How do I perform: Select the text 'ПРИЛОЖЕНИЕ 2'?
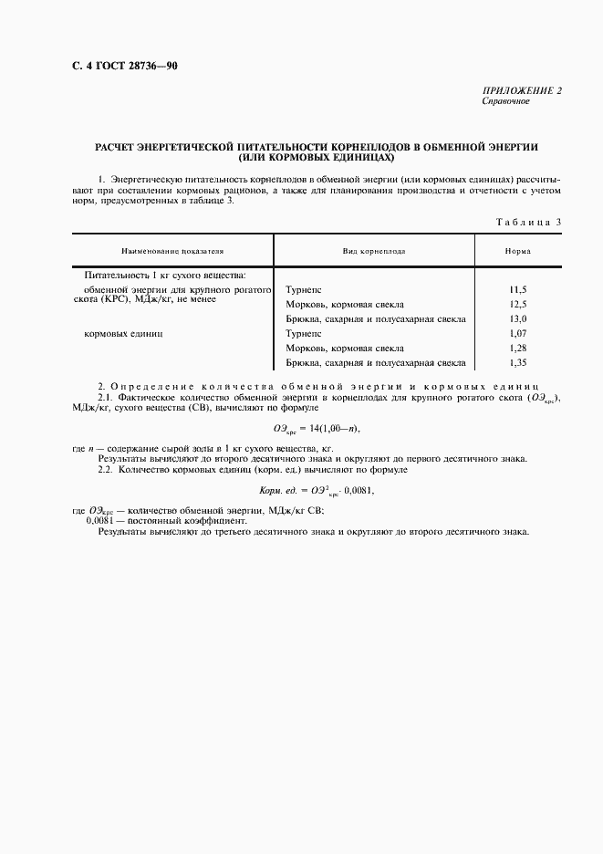coord(522,91)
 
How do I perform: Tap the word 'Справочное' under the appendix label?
coord(505,101)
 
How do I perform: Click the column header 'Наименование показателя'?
coord(172,250)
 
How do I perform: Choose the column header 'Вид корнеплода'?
coord(374,250)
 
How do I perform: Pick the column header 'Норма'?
coord(518,250)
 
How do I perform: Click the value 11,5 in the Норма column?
coord(518,289)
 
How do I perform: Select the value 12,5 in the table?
coord(518,304)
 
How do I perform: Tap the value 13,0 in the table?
coord(518,319)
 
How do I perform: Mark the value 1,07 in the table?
coord(518,334)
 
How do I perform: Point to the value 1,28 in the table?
coord(518,349)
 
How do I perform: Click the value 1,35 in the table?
coord(518,363)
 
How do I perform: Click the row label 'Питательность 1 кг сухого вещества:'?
coord(164,274)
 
